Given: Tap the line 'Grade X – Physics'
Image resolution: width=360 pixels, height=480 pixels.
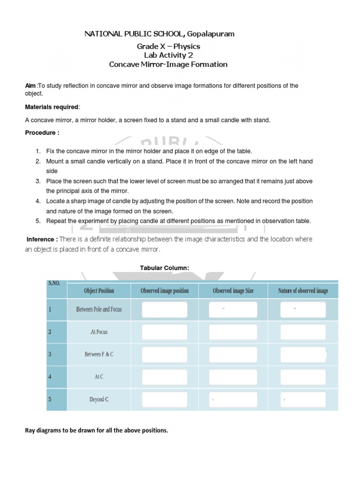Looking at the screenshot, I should pos(168,46).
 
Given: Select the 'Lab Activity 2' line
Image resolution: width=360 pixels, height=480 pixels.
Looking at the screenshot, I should pos(168,55).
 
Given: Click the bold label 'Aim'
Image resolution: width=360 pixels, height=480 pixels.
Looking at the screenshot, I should pos(30,85).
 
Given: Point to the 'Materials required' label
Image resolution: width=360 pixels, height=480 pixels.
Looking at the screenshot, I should pos(52,107).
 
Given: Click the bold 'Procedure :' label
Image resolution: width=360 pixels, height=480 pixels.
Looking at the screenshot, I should pos(42,133).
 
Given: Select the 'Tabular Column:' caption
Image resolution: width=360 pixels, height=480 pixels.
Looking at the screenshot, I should pos(165,268).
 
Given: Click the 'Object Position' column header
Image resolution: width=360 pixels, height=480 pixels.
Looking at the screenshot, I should pos(99,291).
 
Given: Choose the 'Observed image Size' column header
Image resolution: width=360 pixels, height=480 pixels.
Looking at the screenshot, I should pos(233,291).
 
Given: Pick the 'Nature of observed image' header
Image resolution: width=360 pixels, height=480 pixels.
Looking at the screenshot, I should pos(303,291).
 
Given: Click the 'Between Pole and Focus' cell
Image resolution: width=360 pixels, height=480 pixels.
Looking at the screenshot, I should pos(99,309).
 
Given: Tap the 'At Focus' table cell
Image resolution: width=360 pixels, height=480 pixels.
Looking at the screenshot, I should pos(99,332).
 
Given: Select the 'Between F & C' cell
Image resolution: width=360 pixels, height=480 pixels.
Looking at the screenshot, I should pos(99,354).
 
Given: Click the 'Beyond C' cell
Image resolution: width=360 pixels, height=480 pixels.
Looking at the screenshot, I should pos(99,399).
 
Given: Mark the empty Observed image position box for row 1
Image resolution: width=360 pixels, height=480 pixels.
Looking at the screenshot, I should pos(165,309).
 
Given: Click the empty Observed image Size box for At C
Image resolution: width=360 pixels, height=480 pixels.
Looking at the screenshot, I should pos(233,377).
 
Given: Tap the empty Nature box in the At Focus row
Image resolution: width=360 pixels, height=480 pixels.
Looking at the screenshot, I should pos(303,332).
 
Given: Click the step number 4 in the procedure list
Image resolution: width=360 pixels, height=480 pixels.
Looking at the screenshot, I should pos(37,201).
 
